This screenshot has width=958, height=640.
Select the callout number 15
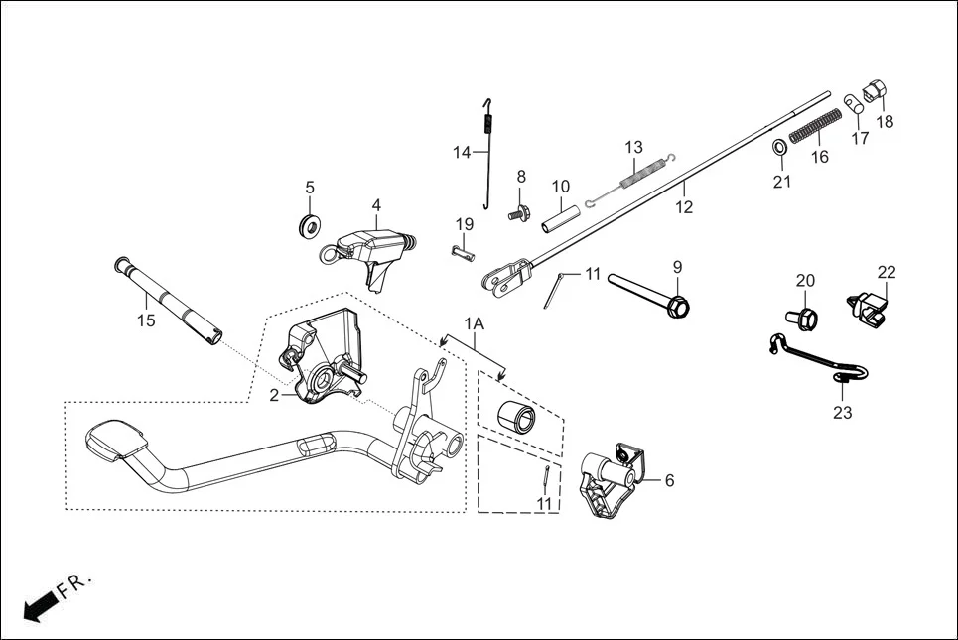point(146,320)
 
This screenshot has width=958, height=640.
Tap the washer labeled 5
point(310,224)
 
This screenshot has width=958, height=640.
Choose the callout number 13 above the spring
point(634,148)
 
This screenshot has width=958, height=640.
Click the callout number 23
point(842,413)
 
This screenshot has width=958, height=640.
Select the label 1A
point(475,323)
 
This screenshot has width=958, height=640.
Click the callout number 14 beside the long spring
point(462,152)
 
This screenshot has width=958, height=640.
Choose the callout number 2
point(274,394)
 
